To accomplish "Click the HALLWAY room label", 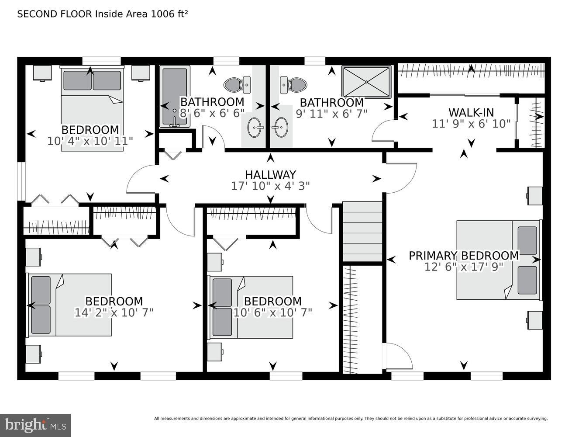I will coord(270,174).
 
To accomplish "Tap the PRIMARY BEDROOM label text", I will coord(464,255).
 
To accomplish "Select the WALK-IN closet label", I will coord(471,112).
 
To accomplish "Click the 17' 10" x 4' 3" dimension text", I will coord(270,186).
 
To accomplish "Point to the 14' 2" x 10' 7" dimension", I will coord(114,312).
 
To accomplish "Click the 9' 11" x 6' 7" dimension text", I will coord(331,113).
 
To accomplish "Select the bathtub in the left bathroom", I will coord(174,96).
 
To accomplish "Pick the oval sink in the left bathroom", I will coord(255,128).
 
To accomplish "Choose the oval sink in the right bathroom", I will coord(279,128).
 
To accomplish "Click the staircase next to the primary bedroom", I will coord(362,232).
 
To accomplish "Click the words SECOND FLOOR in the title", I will coord(54,14).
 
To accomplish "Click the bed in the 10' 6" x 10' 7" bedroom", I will coord(251,307).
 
